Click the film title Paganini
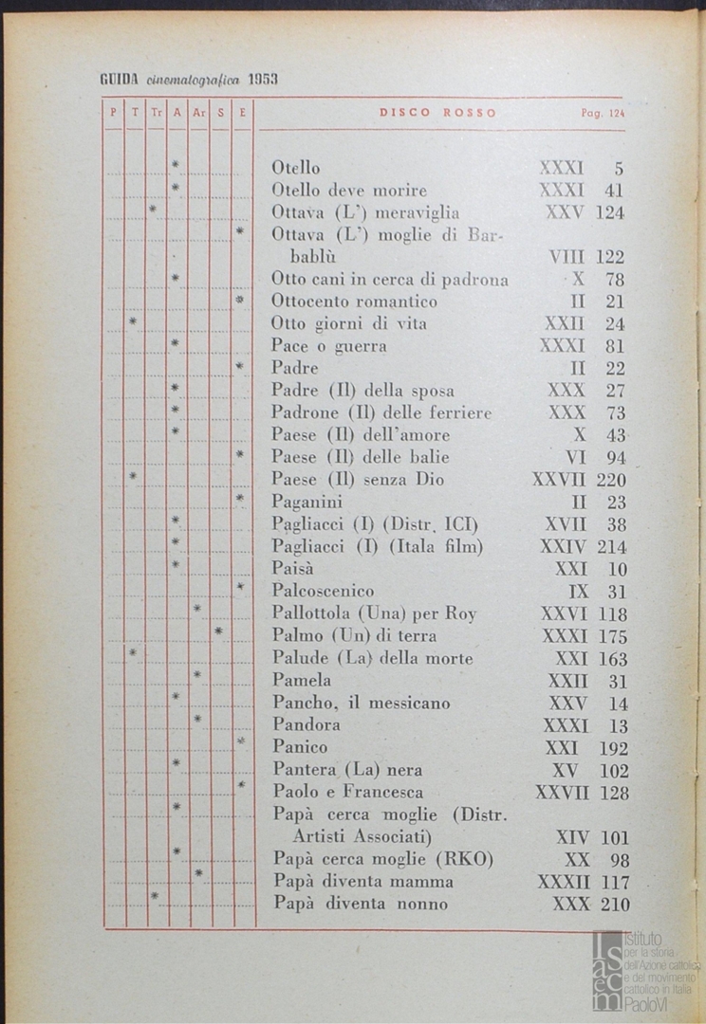click(307, 502)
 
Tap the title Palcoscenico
click(323, 592)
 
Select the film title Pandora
click(306, 725)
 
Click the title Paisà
click(292, 569)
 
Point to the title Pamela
click(302, 680)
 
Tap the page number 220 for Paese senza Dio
click(611, 480)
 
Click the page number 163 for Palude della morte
click(612, 659)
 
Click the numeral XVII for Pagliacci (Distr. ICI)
click(567, 524)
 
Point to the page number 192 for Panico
click(612, 748)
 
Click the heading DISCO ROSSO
click(437, 113)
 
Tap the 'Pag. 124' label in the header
click(603, 113)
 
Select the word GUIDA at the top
click(120, 80)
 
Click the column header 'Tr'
click(157, 113)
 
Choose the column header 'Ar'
click(198, 113)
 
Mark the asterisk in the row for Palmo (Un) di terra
click(219, 631)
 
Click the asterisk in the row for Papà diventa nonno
click(155, 895)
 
